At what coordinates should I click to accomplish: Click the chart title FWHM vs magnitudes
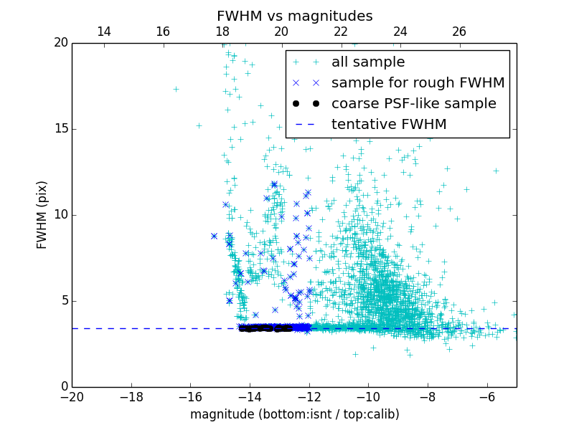tap(294, 16)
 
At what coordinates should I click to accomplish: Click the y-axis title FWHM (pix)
tap(42, 215)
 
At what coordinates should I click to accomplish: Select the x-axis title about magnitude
tap(294, 414)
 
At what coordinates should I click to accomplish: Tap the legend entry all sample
tap(368, 62)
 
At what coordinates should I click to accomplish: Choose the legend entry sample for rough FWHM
tap(418, 83)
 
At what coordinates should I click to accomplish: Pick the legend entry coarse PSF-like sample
tap(413, 104)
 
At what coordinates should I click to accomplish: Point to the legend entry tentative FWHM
tap(389, 125)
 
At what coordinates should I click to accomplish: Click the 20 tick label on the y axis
tap(60, 43)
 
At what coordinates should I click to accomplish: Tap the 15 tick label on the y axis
tap(60, 129)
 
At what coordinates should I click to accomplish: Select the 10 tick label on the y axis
tap(60, 215)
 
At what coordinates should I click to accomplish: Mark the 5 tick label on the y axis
tap(63, 301)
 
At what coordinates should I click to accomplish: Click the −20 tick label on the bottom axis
tap(72, 397)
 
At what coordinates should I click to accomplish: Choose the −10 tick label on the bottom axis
tap(368, 397)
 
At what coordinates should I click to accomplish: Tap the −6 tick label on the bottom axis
tap(486, 397)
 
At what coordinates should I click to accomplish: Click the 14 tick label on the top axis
tap(103, 32)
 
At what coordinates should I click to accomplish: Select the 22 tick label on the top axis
tap(341, 32)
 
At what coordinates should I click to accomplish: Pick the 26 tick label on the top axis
tap(459, 32)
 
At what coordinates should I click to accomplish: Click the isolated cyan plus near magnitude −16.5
tap(176, 89)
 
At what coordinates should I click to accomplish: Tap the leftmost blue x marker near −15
tap(214, 236)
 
